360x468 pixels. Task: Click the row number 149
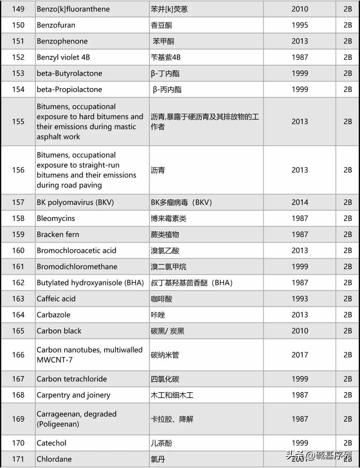[x=18, y=9]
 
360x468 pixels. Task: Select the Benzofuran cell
[x=56, y=25]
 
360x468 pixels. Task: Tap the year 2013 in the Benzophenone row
[x=300, y=41]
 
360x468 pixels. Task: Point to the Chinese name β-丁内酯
[x=165, y=73]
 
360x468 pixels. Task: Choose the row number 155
[x=18, y=121]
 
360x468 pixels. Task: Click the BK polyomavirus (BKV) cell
[x=75, y=202]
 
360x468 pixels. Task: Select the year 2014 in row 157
[x=300, y=202]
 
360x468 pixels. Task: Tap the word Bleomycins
[x=56, y=218]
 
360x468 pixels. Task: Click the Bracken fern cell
[x=58, y=234]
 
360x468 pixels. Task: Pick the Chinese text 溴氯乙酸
[x=165, y=251]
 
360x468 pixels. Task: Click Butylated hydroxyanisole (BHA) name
[x=90, y=283]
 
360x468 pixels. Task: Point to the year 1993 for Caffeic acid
[x=300, y=299]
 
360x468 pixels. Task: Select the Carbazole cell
[x=53, y=315]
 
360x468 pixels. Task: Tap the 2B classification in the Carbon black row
[x=348, y=331]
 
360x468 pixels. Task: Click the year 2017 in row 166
[x=300, y=355]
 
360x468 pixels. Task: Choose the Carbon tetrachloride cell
[x=72, y=379]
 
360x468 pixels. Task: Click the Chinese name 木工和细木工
[x=172, y=395]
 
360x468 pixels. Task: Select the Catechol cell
[x=51, y=443]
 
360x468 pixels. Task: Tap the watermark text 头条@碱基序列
[x=319, y=455]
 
